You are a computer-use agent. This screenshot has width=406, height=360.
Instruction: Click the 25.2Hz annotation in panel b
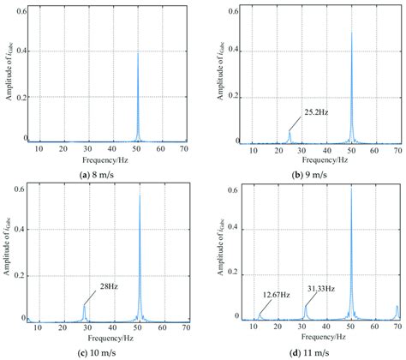(x=319, y=111)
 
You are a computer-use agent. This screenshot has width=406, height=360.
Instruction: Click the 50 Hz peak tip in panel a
(x=137, y=53)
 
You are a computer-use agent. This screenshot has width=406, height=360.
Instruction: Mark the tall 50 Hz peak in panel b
(x=351, y=34)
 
